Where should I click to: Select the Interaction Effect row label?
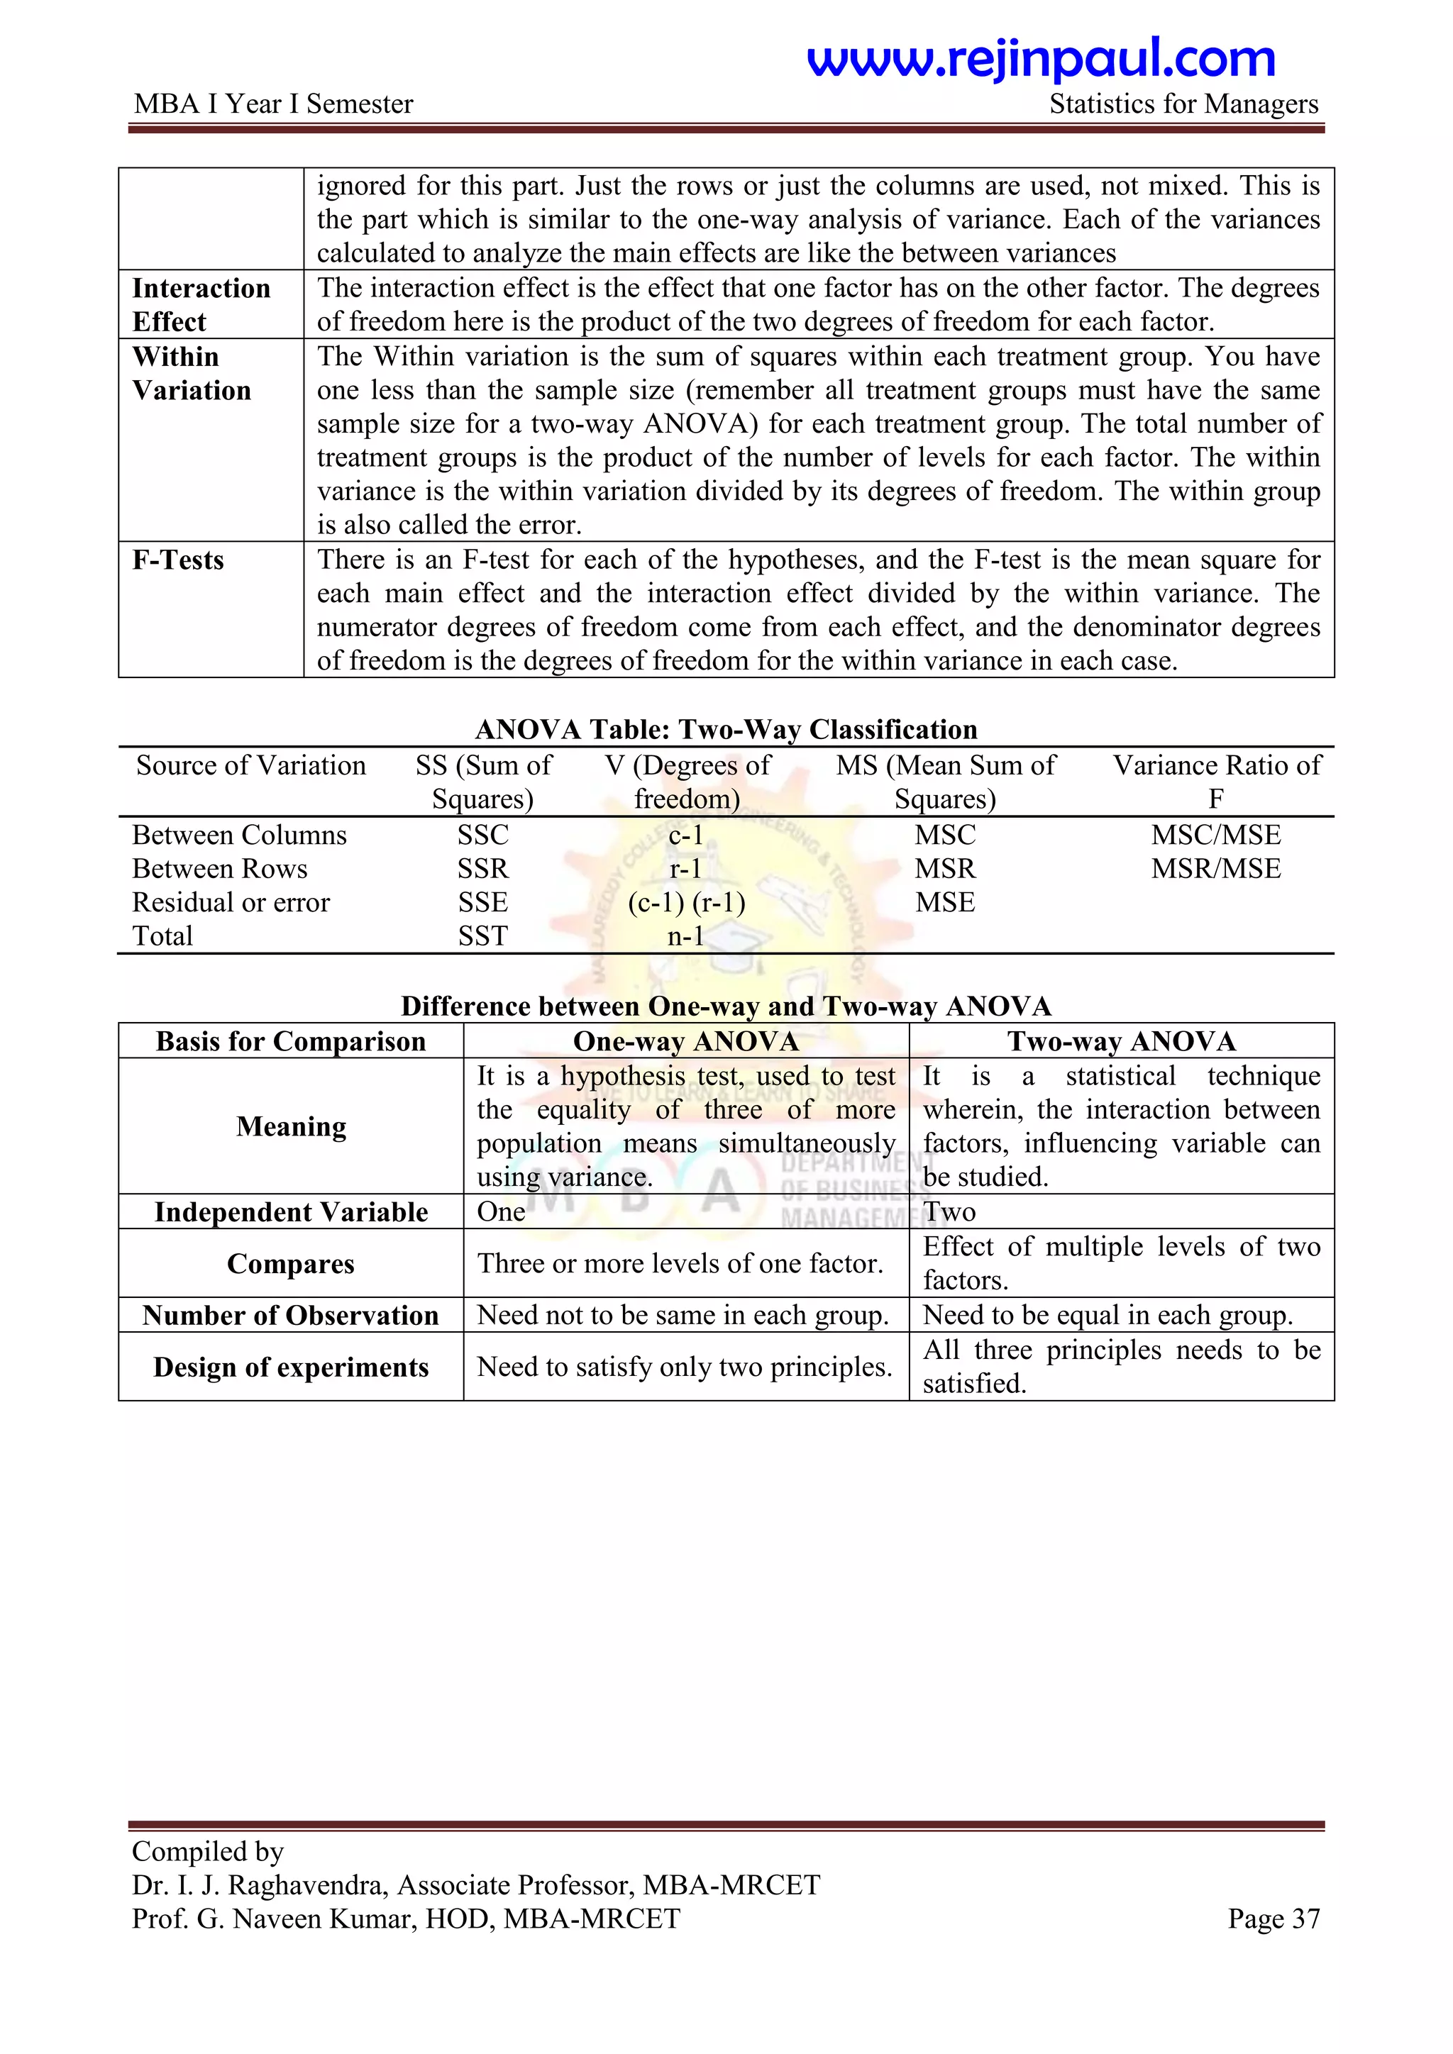(201, 304)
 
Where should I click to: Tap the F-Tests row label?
(178, 560)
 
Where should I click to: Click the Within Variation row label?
(192, 373)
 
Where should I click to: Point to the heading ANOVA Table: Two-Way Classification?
(726, 729)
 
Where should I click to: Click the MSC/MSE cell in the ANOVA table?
(1215, 835)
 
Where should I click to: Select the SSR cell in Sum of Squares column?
(482, 869)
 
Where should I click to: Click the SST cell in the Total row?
(482, 936)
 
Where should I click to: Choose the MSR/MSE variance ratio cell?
(1215, 869)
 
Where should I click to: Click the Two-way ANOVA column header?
(1121, 1041)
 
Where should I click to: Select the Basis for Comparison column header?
(291, 1041)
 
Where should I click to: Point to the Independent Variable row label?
(291, 1211)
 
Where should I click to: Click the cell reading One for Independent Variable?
(501, 1211)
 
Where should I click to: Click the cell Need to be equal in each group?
(1107, 1315)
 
